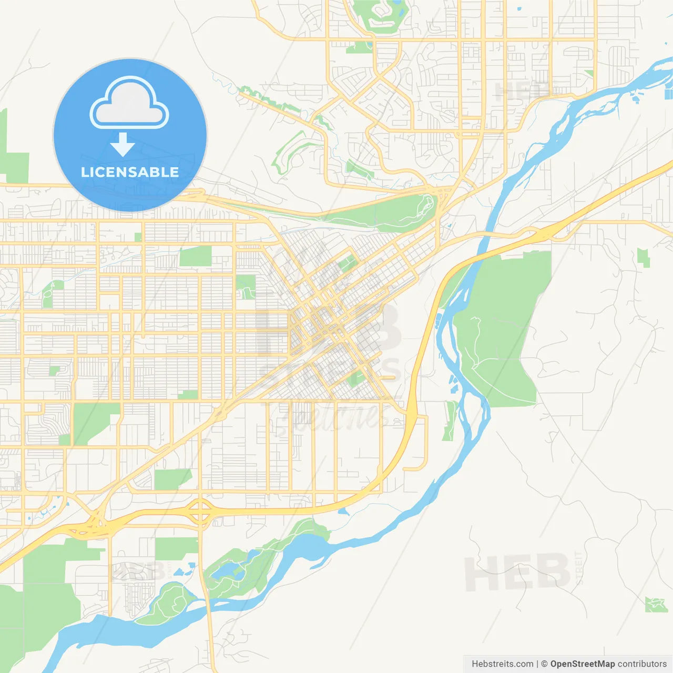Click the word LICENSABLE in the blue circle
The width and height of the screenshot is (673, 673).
click(130, 172)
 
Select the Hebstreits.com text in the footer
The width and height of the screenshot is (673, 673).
click(502, 664)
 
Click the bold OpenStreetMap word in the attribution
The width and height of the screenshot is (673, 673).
click(582, 664)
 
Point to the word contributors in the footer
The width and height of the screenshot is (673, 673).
click(642, 664)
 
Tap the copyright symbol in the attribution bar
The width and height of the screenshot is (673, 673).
click(544, 664)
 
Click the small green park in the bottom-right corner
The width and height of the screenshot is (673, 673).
click(656, 605)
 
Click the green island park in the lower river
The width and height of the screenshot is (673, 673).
click(168, 605)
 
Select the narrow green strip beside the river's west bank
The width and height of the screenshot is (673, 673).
click(450, 421)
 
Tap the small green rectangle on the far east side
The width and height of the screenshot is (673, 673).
click(643, 258)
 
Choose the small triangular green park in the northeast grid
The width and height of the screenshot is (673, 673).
click(589, 74)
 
